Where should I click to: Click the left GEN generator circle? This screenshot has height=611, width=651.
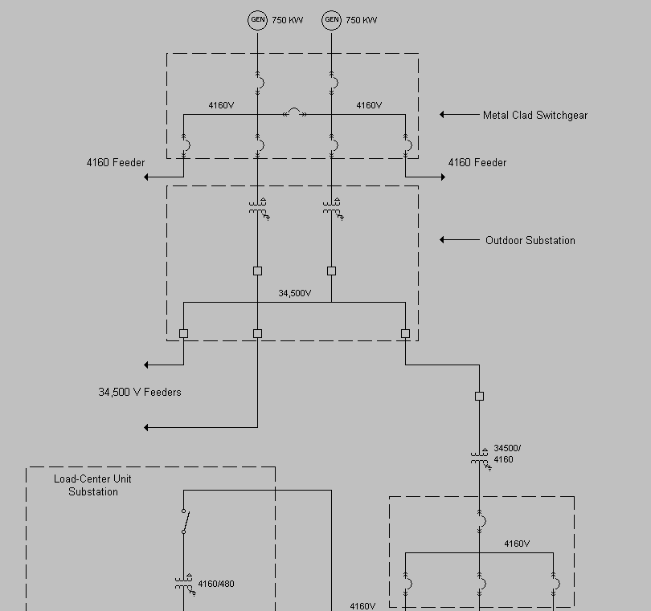257,20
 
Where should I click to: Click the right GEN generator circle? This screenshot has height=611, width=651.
331,20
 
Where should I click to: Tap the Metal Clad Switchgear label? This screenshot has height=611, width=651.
534,115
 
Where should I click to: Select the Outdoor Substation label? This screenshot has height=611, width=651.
530,240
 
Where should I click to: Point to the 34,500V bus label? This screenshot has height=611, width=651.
294,293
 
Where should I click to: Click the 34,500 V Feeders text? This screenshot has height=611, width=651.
140,392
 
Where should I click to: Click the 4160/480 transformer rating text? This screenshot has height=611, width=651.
216,584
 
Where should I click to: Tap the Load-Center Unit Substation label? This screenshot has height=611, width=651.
92,485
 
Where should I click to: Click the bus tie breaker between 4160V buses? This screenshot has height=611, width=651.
295,114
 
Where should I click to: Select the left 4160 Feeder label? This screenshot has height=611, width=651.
116,162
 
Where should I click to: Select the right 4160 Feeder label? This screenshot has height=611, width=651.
477,162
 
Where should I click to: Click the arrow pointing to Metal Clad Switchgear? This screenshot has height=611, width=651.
459,115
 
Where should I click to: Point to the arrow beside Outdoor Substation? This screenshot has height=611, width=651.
459,240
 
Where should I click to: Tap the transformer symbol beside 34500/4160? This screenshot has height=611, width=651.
480,458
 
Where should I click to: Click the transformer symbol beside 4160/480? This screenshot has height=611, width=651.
184,584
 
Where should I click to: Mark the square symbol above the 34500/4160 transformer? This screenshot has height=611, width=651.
479,396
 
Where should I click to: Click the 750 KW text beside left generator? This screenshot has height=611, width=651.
288,20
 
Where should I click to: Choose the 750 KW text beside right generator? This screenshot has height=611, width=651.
362,20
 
